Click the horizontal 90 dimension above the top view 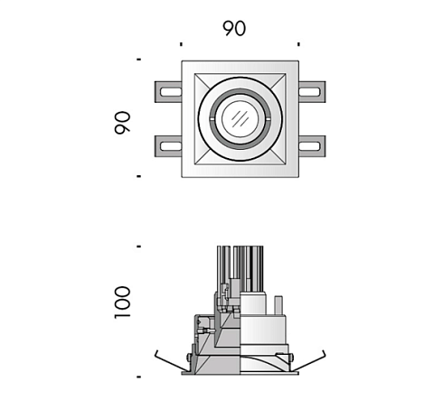coord(234,29)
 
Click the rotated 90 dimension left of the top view coord(122,123)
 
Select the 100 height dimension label coord(122,303)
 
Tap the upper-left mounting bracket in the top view coord(168,92)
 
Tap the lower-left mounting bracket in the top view coord(168,146)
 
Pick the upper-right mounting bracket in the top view coord(312,92)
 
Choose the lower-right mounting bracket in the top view coord(312,146)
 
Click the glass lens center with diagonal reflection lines coord(240,119)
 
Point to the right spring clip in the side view coord(309,361)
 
